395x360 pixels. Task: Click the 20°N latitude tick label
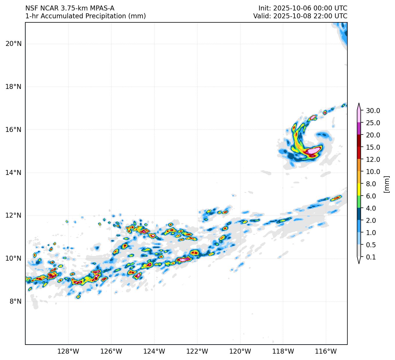tap(13, 44)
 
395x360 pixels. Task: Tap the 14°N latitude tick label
tap(13, 173)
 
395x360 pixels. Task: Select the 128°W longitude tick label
tap(68, 351)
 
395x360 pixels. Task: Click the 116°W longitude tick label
tap(326, 351)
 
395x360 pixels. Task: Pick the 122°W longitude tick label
tap(197, 351)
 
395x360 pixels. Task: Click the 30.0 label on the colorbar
tap(373, 111)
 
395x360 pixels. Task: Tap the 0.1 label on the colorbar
tap(371, 257)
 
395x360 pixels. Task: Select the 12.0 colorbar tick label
tap(373, 160)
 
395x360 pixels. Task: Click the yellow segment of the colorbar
tap(359, 189)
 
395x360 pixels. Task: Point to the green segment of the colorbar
tap(359, 202)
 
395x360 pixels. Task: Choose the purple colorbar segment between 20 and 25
tap(359, 128)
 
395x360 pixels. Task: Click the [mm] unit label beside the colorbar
tap(386, 184)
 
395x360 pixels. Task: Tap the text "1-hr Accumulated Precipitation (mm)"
tap(85, 16)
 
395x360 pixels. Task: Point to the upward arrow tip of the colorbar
tap(359, 104)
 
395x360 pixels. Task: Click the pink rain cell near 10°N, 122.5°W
tap(184, 259)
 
